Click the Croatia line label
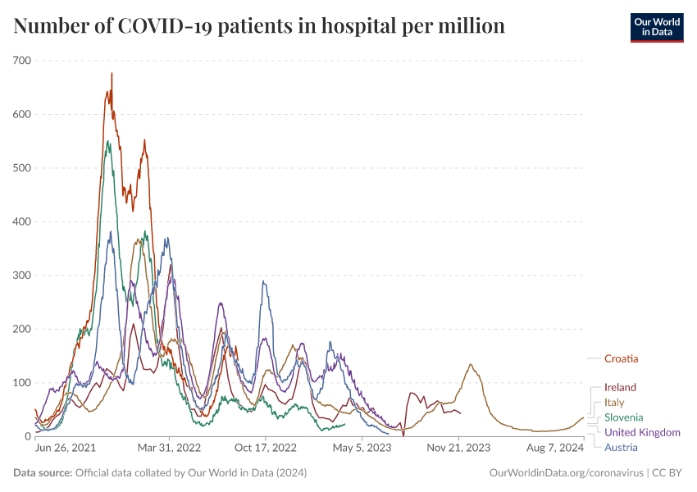click(x=621, y=358)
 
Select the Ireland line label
click(x=620, y=387)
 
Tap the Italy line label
click(x=614, y=403)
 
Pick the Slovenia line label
click(x=624, y=417)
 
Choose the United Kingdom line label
click(x=642, y=432)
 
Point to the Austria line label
click(x=621, y=447)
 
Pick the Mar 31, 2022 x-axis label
click(x=170, y=449)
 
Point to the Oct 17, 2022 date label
click(x=266, y=449)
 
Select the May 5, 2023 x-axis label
click(x=362, y=449)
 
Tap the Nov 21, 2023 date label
click(x=458, y=449)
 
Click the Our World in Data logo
click(x=657, y=27)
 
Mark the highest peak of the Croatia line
click(x=112, y=74)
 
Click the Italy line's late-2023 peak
click(x=471, y=364)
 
